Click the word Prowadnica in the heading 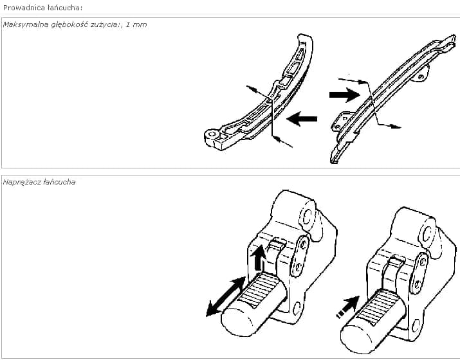pos(22,8)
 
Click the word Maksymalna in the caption pos(26,24)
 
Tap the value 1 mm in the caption pos(136,24)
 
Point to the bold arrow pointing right pos(345,94)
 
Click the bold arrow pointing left pos(302,119)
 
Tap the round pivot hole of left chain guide pos(212,134)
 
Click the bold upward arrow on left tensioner pos(259,258)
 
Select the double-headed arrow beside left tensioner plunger pos(226,296)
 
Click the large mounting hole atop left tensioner pos(307,217)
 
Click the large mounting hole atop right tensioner pos(428,234)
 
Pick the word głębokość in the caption pos(69,24)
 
